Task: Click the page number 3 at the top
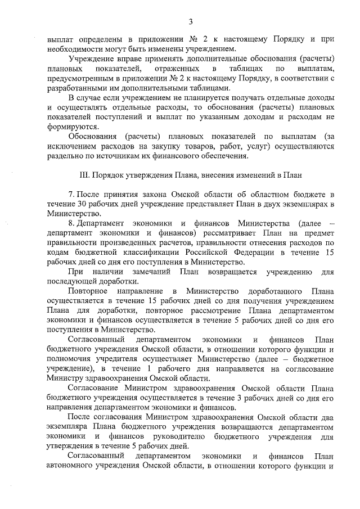190,22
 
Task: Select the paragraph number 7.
71,194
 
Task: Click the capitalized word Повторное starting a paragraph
87,291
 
